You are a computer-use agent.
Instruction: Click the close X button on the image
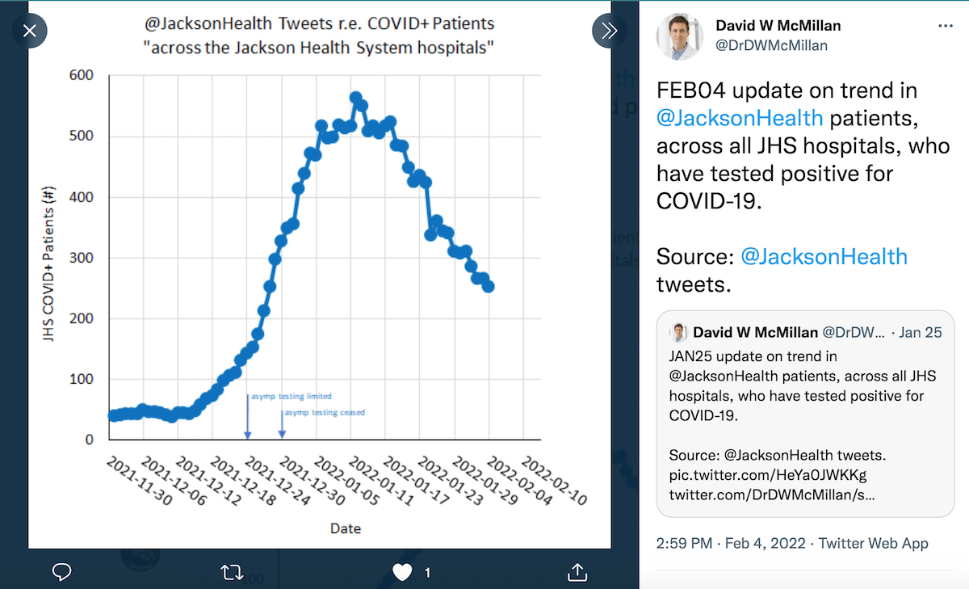pos(30,32)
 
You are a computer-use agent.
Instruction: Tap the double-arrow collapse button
pos(609,32)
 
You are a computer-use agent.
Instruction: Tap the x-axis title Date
pos(346,528)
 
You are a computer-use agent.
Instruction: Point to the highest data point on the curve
pos(356,98)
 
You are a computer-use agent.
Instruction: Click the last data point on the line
pos(489,287)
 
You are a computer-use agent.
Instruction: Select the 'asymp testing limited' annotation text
pos(291,397)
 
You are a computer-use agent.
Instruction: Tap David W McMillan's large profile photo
pos(679,36)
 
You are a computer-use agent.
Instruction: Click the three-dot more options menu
pos(946,26)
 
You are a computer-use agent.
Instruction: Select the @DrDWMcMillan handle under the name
pos(771,45)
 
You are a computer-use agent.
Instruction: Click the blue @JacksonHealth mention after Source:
pos(824,257)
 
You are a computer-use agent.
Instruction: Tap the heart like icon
pos(402,572)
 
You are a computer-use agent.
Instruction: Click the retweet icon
pos(232,572)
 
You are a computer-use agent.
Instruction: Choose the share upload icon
pos(577,572)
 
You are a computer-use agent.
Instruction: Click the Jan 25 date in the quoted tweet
pos(921,332)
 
